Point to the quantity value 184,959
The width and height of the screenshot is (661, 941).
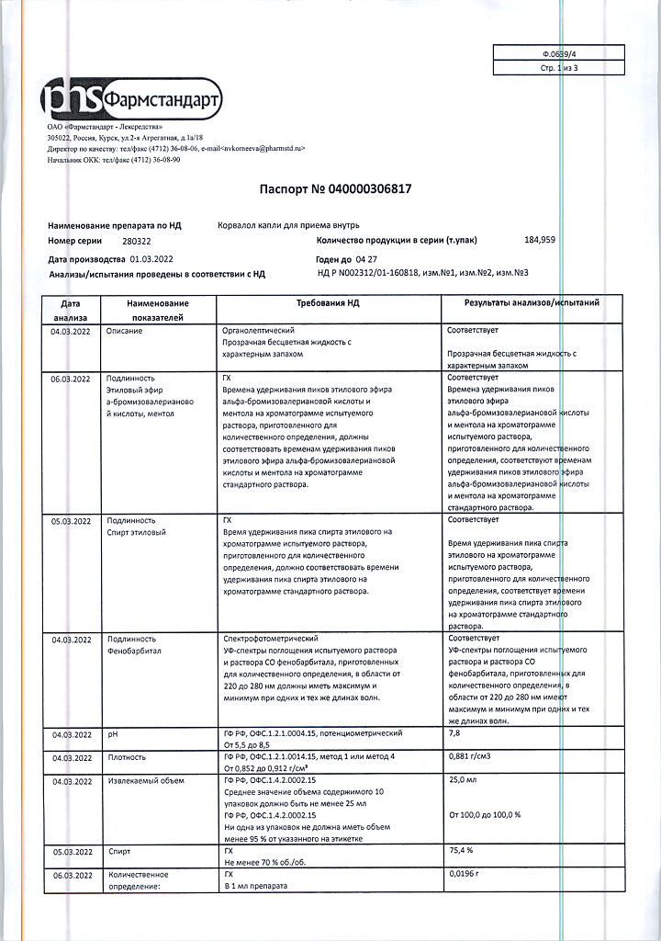(x=539, y=240)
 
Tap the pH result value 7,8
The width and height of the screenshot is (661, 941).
(x=454, y=733)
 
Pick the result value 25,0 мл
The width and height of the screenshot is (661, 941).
(x=464, y=780)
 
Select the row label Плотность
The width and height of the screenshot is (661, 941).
(x=128, y=758)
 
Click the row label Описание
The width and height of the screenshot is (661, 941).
(x=125, y=331)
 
